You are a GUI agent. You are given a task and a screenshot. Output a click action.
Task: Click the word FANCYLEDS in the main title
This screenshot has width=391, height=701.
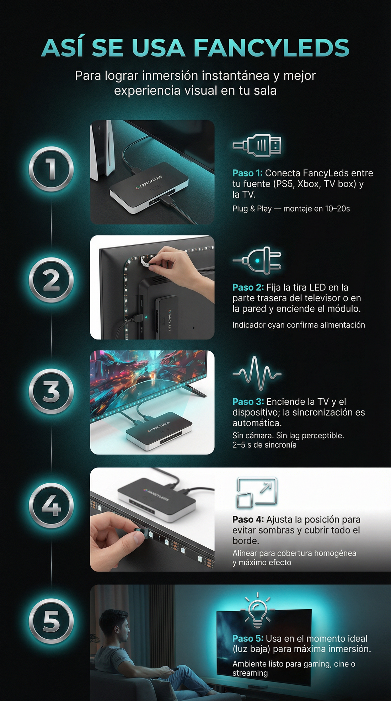[x=272, y=48]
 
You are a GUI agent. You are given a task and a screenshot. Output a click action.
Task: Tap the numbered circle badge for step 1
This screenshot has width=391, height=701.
[x=51, y=169]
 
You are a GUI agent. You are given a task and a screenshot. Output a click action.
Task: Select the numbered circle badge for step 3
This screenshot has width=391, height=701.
[x=51, y=391]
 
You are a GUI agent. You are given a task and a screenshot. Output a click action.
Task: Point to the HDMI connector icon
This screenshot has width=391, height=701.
[x=257, y=145]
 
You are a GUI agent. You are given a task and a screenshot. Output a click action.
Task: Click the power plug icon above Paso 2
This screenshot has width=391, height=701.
[x=257, y=260]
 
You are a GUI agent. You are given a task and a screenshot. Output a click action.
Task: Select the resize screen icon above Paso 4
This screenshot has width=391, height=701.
[x=257, y=493]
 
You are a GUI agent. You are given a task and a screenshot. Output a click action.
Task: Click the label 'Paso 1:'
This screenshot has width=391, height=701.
[x=247, y=173]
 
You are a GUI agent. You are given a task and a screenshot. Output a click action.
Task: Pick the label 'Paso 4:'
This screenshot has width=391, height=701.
[x=248, y=520]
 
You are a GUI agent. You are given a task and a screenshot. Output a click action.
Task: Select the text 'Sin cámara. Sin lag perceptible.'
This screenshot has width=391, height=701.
[x=288, y=436]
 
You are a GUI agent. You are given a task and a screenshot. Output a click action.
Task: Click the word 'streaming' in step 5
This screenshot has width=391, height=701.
[x=250, y=673]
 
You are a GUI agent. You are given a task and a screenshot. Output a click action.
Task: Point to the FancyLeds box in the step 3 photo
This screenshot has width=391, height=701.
[x=159, y=430]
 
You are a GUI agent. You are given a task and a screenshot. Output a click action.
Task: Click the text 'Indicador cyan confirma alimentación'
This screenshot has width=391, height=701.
[x=299, y=325]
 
